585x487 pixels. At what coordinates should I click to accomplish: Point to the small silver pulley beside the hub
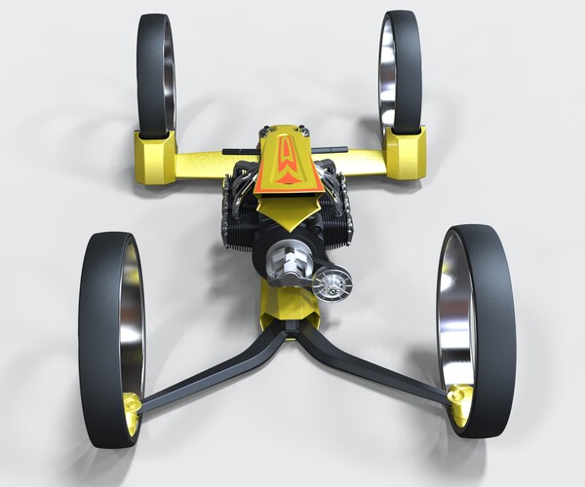[332, 284]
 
